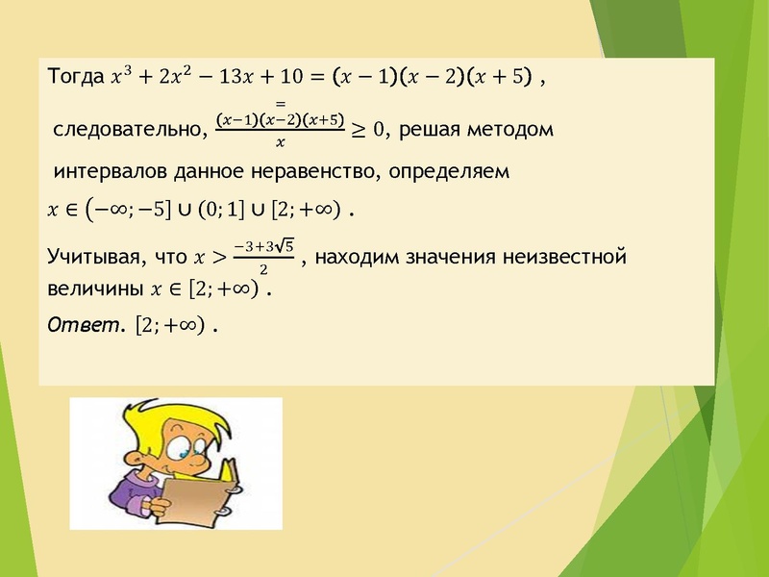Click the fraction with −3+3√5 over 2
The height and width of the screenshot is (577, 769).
[x=264, y=257]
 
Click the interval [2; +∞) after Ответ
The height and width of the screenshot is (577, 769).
[x=171, y=326]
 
